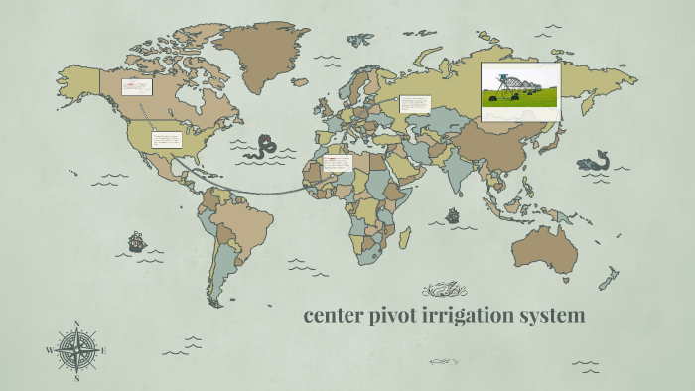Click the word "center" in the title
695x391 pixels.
coord(335,316)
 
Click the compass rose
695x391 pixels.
coord(77,349)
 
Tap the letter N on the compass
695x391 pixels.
coord(77,323)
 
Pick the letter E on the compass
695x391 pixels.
coord(103,350)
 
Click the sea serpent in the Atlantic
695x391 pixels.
coord(263,147)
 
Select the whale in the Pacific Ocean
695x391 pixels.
coord(595,160)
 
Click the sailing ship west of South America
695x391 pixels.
coord(136,240)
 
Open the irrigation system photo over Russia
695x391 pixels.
coord(520,91)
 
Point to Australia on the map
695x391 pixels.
coord(545,248)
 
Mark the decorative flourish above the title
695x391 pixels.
coord(444,290)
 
